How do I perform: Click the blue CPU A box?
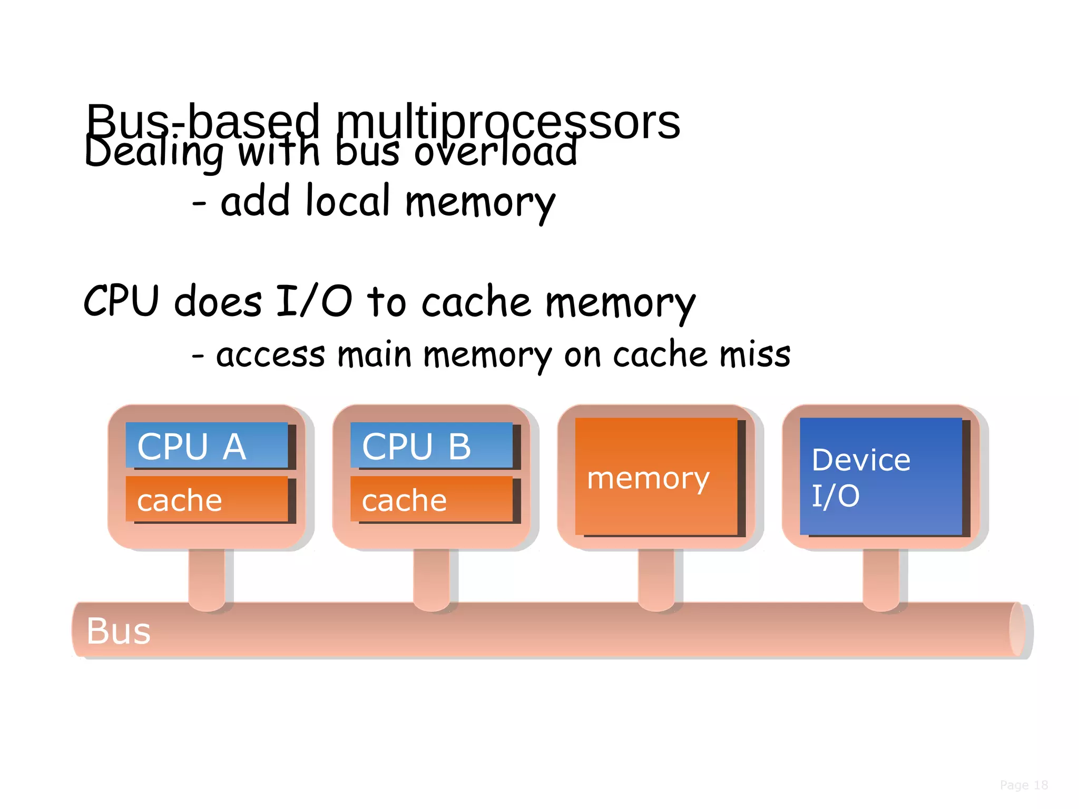tap(207, 445)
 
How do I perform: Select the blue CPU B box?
tap(431, 445)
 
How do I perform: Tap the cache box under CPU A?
tap(207, 499)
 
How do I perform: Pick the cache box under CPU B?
tap(431, 499)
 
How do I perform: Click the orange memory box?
tap(656, 477)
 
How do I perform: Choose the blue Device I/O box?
tap(880, 477)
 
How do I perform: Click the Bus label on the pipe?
tap(119, 630)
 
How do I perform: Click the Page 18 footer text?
tap(1024, 785)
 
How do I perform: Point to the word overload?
tap(495, 153)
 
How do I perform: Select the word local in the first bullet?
tap(348, 201)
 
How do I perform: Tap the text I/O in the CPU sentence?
tap(314, 301)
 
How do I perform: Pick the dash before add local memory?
tap(199, 203)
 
